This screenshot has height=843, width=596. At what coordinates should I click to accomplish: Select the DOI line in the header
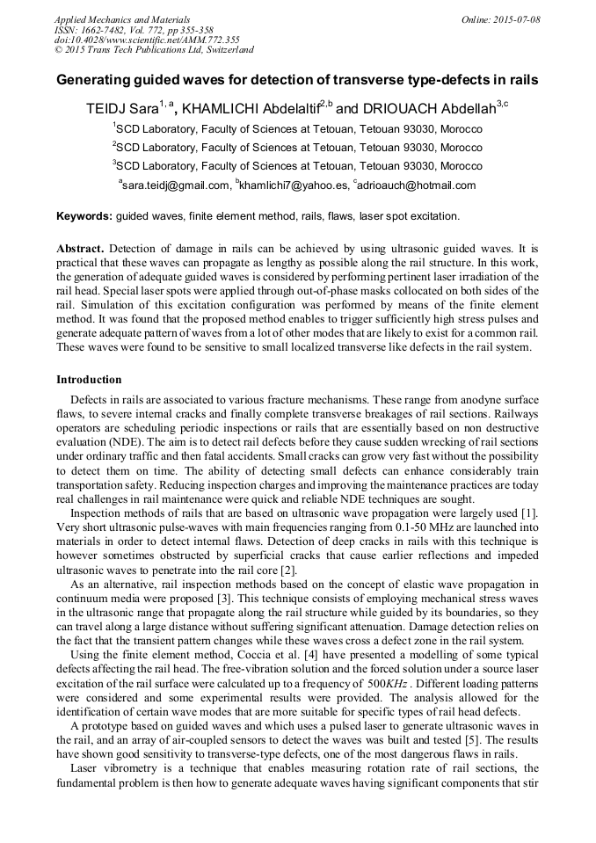coord(147,40)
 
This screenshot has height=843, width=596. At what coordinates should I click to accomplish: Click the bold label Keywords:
coord(84,215)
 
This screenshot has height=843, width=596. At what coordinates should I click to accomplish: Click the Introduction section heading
coord(89,380)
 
